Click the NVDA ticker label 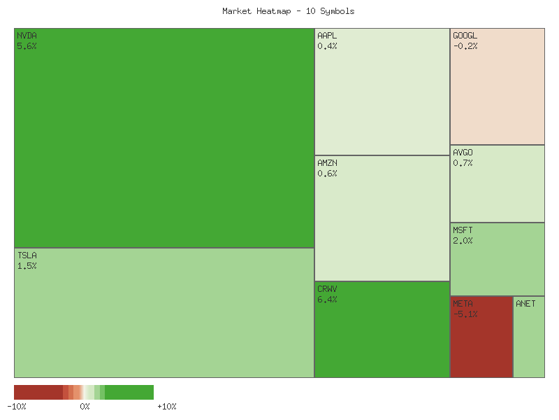(x=27, y=35)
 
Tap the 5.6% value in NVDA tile (x=27, y=46)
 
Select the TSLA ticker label (x=27, y=255)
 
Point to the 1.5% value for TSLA (x=27, y=266)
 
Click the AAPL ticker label (x=327, y=35)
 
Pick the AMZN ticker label (x=327, y=162)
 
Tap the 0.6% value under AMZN (x=327, y=174)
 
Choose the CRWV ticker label (x=327, y=288)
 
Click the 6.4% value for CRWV (x=327, y=300)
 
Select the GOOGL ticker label (x=465, y=35)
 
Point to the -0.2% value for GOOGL (x=465, y=46)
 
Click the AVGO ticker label (x=463, y=152)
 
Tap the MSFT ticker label (x=463, y=230)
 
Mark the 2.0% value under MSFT (x=463, y=241)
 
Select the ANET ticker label (x=525, y=304)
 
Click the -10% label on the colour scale (x=17, y=407)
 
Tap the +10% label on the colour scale (x=166, y=407)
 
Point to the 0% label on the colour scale (x=85, y=407)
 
